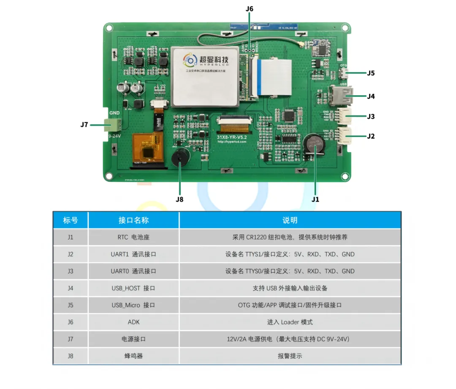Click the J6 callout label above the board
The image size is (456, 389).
click(x=250, y=8)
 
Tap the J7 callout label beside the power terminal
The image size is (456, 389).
click(x=84, y=124)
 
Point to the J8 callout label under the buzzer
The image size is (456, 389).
click(x=180, y=199)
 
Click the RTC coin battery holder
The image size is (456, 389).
click(x=313, y=146)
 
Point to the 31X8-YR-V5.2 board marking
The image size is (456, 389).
click(x=232, y=137)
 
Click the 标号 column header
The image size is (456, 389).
click(x=70, y=220)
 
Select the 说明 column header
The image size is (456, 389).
click(x=290, y=220)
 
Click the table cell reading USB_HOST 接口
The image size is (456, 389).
click(x=133, y=288)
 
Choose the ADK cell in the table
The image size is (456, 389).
click(x=133, y=322)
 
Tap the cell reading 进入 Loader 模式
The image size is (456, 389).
click(x=290, y=322)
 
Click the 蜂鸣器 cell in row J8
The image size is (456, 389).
click(x=133, y=356)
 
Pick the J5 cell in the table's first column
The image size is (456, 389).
click(x=70, y=305)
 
